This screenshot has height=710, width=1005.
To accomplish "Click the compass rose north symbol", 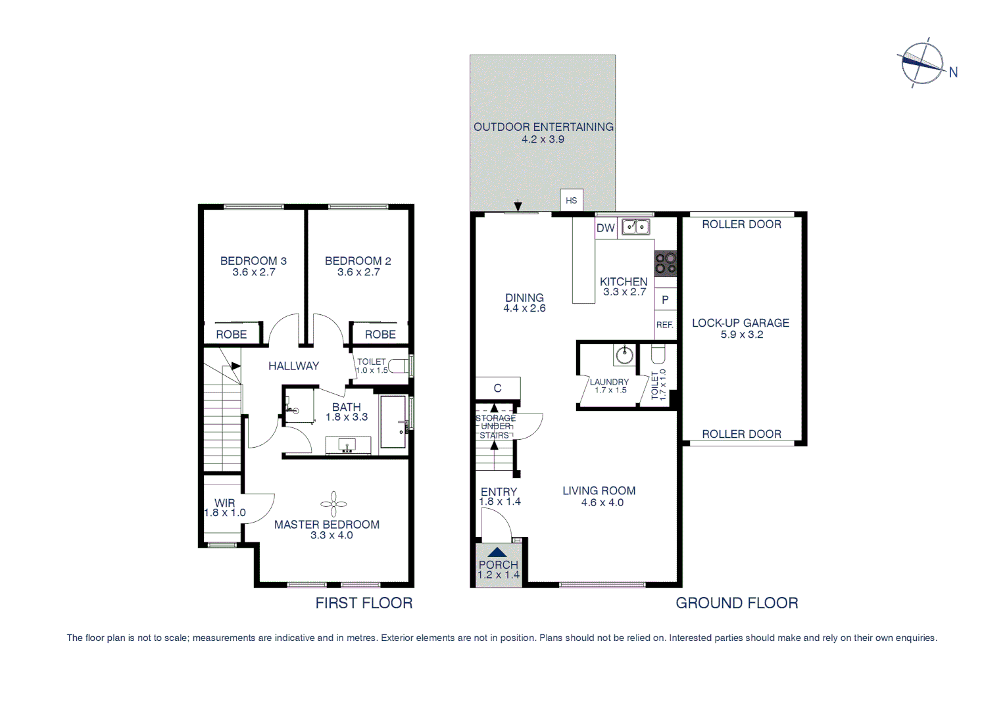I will coord(923,63).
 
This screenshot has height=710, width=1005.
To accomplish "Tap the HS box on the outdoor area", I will coord(572,201).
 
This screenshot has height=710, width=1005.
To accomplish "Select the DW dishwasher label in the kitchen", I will coord(605,228).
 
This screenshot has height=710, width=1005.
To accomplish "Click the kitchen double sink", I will coord(636,227).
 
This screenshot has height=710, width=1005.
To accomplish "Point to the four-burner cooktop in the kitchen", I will coord(665,264).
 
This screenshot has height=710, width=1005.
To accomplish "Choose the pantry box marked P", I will coord(665,300).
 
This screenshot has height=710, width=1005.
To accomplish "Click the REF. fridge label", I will coord(665,325).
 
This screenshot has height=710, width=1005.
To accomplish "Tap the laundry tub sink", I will coord(624,356).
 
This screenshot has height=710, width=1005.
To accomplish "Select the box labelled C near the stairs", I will coord(498,388).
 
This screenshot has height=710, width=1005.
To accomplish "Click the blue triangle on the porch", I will coord(498,553).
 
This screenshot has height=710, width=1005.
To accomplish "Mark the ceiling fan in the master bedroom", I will coord(333,504).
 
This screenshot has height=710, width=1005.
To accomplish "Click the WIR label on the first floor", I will coord(225,503).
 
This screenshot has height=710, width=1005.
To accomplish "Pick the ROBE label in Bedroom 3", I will coord(232,335).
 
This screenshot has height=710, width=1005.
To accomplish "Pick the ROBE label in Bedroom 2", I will coord(380,335).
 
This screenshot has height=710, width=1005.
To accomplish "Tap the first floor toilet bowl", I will coord(398,366).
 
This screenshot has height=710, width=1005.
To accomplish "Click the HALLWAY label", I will coord(293,366).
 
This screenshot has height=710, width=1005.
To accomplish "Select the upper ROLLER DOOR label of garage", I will coord(741,224).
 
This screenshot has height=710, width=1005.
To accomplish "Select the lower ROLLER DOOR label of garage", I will coord(741,434).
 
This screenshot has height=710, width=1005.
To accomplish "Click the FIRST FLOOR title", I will coord(364,603).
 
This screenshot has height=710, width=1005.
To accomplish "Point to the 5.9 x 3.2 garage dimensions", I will coord(741,335).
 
